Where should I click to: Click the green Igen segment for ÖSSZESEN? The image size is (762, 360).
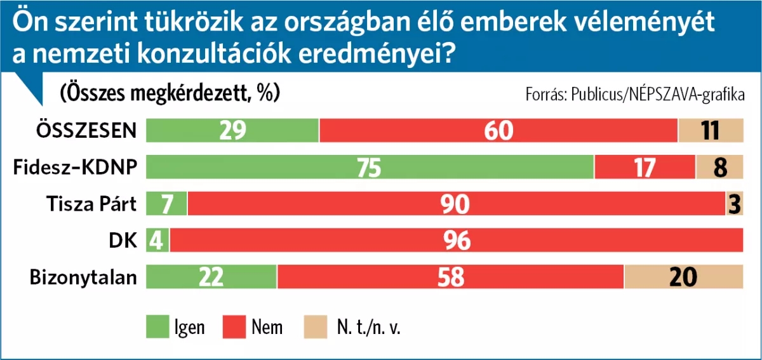click(x=232, y=130)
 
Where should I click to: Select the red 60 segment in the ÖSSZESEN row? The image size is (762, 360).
click(x=498, y=130)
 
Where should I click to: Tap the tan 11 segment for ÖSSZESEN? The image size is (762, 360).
click(x=711, y=130)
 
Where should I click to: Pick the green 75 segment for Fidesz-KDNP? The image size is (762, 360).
click(x=370, y=167)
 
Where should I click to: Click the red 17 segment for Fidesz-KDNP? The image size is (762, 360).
click(x=645, y=167)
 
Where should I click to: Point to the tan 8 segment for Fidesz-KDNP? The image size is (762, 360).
click(x=719, y=167)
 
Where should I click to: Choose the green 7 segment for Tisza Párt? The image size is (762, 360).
click(x=166, y=204)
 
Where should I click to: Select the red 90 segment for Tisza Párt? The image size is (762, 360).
click(x=457, y=204)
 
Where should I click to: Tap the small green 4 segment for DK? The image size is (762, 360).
click(x=157, y=241)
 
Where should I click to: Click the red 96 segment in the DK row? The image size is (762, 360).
click(x=457, y=241)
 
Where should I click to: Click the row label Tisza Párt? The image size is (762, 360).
click(x=91, y=204)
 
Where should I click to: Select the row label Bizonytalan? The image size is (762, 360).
click(x=84, y=277)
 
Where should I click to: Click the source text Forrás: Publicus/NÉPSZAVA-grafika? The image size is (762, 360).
click(x=634, y=95)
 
